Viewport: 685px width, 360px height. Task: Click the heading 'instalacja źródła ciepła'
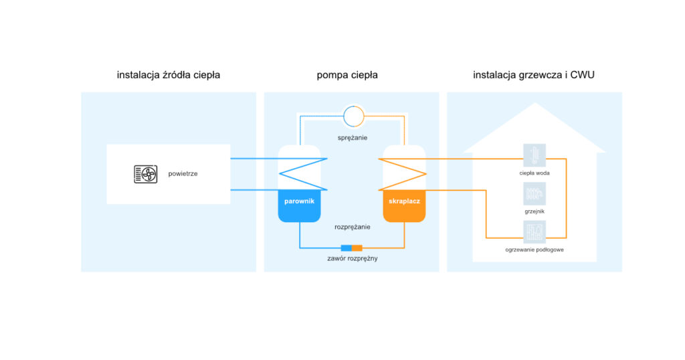tap(169, 75)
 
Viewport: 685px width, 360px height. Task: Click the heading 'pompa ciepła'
tap(347, 75)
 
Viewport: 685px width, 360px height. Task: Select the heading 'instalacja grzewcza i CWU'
tap(534, 75)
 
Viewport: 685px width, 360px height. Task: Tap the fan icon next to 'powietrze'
tap(146, 174)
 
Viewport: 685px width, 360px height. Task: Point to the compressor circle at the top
tap(353, 116)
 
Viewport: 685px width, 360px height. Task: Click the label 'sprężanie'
tap(353, 137)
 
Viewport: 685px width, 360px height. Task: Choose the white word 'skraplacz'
tap(404, 201)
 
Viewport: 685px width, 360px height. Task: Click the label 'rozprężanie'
tap(353, 227)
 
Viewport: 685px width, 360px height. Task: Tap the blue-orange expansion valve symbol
tap(351, 248)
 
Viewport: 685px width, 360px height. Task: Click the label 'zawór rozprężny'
tap(353, 258)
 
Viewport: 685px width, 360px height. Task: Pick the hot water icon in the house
tap(534, 155)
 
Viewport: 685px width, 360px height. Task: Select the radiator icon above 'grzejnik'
tap(534, 193)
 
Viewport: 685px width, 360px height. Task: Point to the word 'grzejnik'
tap(534, 211)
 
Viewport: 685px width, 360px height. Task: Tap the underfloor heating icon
tap(534, 231)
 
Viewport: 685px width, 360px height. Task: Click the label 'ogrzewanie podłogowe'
tap(534, 250)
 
